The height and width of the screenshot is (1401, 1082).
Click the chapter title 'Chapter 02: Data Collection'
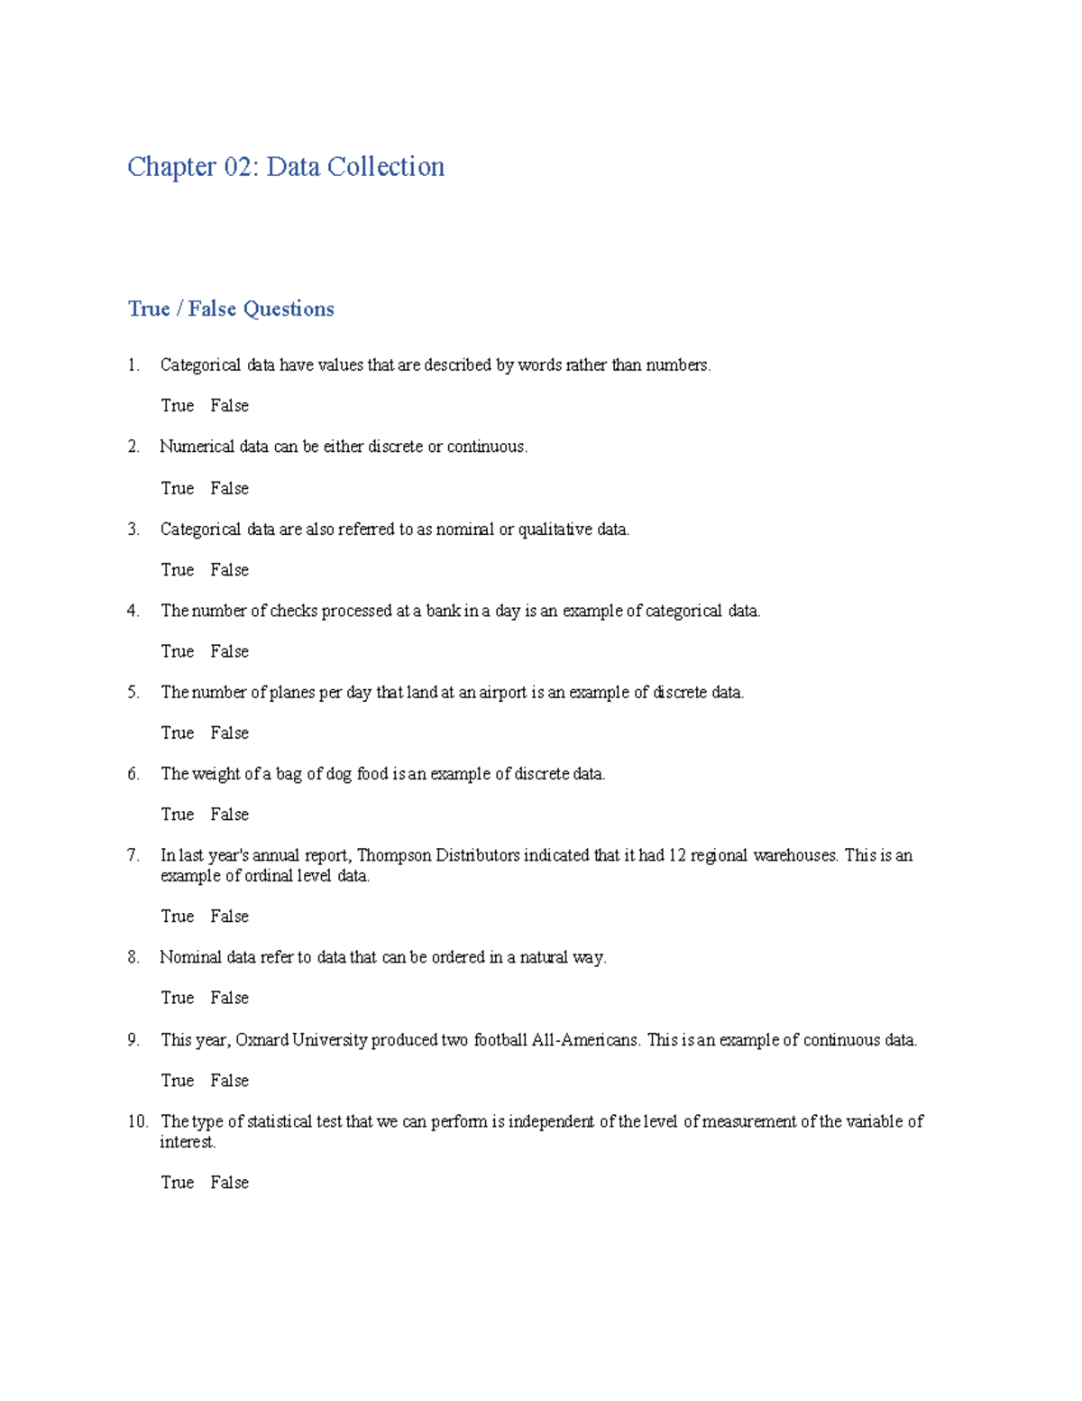click(x=286, y=167)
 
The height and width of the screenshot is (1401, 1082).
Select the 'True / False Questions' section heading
click(x=231, y=309)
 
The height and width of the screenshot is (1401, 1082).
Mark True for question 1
click(x=178, y=406)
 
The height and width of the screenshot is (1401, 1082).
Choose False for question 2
click(x=229, y=488)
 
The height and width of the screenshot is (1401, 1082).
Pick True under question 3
click(x=178, y=570)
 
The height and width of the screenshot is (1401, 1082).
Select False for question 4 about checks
click(x=229, y=651)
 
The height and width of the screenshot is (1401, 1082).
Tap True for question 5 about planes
click(x=178, y=733)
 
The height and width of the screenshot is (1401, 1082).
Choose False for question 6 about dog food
click(x=229, y=815)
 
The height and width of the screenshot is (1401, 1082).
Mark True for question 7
click(x=178, y=917)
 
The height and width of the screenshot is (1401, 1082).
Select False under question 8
click(x=229, y=998)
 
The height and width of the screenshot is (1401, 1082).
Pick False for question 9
click(x=229, y=1081)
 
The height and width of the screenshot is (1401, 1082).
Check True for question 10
click(x=178, y=1183)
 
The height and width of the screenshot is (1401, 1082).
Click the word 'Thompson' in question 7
click(x=394, y=855)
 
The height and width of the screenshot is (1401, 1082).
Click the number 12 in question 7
click(x=677, y=855)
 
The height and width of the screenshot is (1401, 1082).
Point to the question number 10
click(x=137, y=1121)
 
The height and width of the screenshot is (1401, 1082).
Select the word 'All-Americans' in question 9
click(x=586, y=1040)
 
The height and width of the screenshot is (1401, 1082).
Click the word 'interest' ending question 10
click(x=187, y=1142)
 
